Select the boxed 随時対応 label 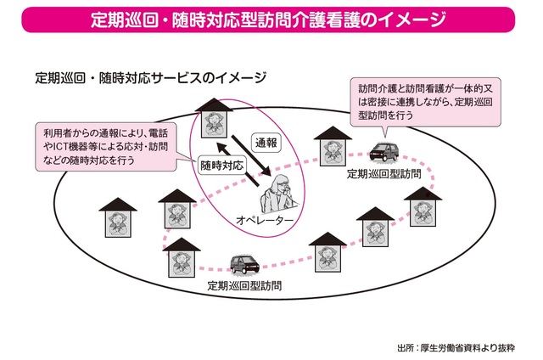pos(222,166)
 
